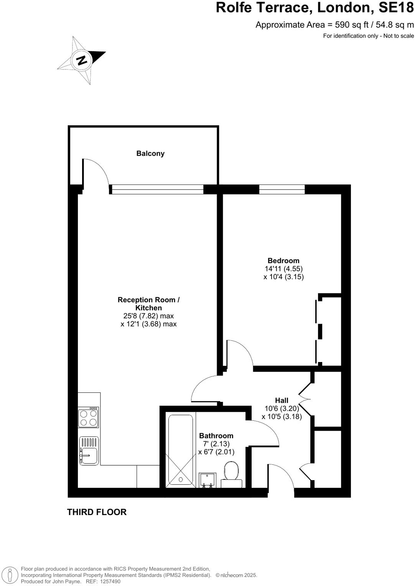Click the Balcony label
(150, 153)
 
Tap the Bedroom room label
(283, 261)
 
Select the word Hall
(282, 401)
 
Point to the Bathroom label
(216, 436)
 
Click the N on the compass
(81, 60)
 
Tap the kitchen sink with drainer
(89, 451)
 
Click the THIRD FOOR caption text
(97, 512)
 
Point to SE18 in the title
(396, 7)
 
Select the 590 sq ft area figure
(352, 25)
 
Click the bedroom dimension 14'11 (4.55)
(283, 269)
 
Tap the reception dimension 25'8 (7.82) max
(148, 316)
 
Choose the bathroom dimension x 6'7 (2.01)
(216, 452)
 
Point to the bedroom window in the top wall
(282, 189)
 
